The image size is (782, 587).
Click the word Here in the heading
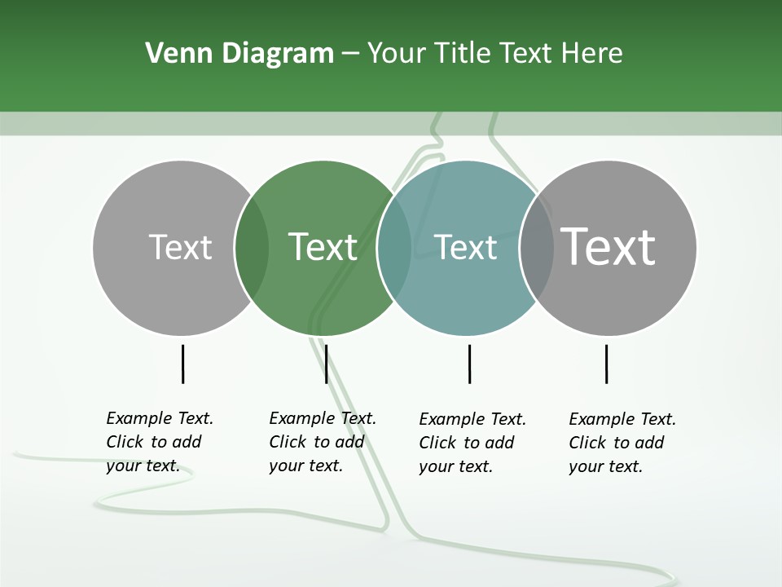592,54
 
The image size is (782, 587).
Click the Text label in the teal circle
465,247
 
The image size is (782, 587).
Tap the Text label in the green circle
323,247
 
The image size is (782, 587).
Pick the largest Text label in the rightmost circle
608,247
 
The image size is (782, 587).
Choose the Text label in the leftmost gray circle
180,247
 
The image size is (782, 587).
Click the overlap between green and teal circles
394,248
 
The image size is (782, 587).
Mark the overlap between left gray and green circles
252,248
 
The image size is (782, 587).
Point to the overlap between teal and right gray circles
536,248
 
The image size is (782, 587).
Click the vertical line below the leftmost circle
182,364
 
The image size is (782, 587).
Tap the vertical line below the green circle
326,364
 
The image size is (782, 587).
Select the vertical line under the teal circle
469,364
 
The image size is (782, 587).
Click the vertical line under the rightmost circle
606,364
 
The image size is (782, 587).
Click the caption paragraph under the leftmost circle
160,442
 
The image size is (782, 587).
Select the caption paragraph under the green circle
323,442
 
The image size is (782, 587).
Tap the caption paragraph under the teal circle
472,443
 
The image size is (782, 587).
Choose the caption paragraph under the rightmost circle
622,443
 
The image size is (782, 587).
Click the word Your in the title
397,54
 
